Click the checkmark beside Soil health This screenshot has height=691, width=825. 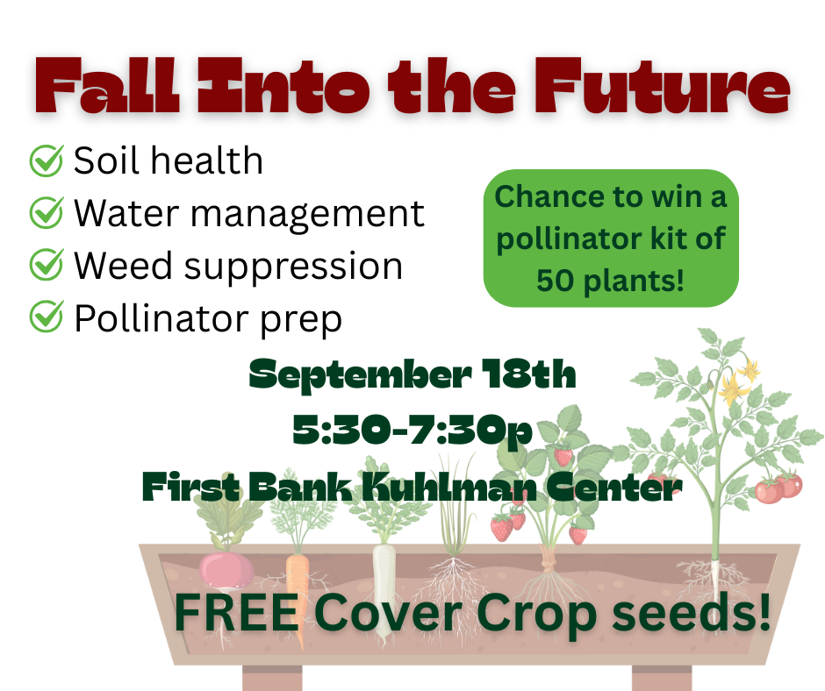coord(47,160)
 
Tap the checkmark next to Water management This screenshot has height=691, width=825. coord(47,212)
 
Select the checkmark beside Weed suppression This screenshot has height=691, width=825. coord(47,265)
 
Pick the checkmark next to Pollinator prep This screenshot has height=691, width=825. coord(47,317)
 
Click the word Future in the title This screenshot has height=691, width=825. coord(663,86)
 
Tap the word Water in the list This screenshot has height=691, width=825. coord(126,213)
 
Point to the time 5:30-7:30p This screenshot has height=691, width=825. coord(412,431)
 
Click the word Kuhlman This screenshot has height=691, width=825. coord(448,487)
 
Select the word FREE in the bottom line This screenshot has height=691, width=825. coord(237,613)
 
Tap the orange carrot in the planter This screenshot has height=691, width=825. coord(298,595)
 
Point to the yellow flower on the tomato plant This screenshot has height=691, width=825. coord(732,388)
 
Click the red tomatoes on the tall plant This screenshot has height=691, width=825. coord(778,487)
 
